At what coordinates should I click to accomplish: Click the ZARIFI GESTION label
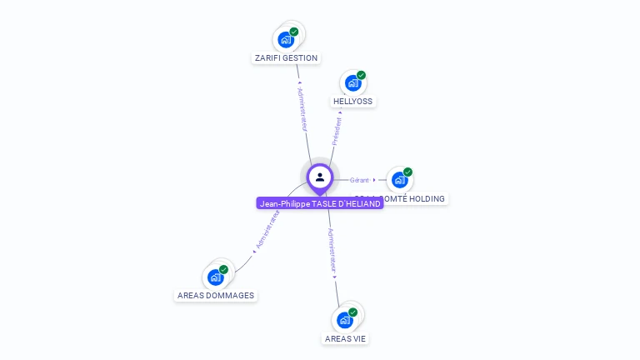click(x=286, y=58)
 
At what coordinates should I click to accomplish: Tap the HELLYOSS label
click(x=352, y=102)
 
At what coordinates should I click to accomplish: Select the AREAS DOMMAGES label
click(x=216, y=296)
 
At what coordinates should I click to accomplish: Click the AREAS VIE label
click(x=346, y=339)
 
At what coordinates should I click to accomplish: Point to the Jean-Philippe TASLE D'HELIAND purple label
click(x=320, y=203)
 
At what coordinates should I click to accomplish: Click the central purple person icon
click(x=320, y=177)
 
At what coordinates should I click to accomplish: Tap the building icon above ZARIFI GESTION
click(x=286, y=39)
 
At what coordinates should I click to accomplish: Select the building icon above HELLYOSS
click(x=352, y=82)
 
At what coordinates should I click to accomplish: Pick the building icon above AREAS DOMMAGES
click(x=216, y=277)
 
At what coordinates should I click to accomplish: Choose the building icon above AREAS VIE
click(x=345, y=319)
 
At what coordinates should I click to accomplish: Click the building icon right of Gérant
click(x=399, y=179)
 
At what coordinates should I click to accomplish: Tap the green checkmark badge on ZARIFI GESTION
click(x=294, y=32)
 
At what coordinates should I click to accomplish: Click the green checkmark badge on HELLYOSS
click(x=361, y=75)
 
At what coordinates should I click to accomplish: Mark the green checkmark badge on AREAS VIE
click(x=353, y=312)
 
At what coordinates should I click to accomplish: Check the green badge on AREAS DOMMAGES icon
click(x=224, y=269)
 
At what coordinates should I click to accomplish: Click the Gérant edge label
click(x=359, y=180)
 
